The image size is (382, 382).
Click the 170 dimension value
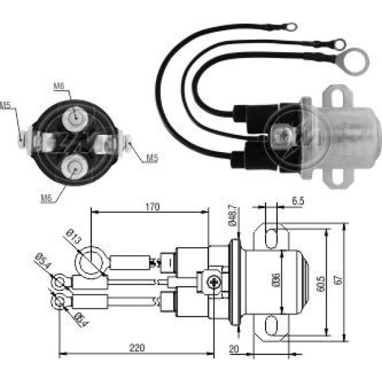click(x=153, y=207)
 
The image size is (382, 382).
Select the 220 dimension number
click(x=137, y=348)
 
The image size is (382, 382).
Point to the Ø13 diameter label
click(x=73, y=237)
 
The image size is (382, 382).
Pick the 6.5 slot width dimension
click(x=298, y=201)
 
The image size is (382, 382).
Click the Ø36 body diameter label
click(x=276, y=280)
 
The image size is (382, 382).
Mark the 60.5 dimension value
click(x=321, y=284)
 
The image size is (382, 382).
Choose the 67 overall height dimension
click(x=338, y=280)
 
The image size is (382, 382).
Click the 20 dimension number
click(x=234, y=349)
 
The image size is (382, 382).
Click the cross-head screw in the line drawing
click(x=214, y=282)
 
